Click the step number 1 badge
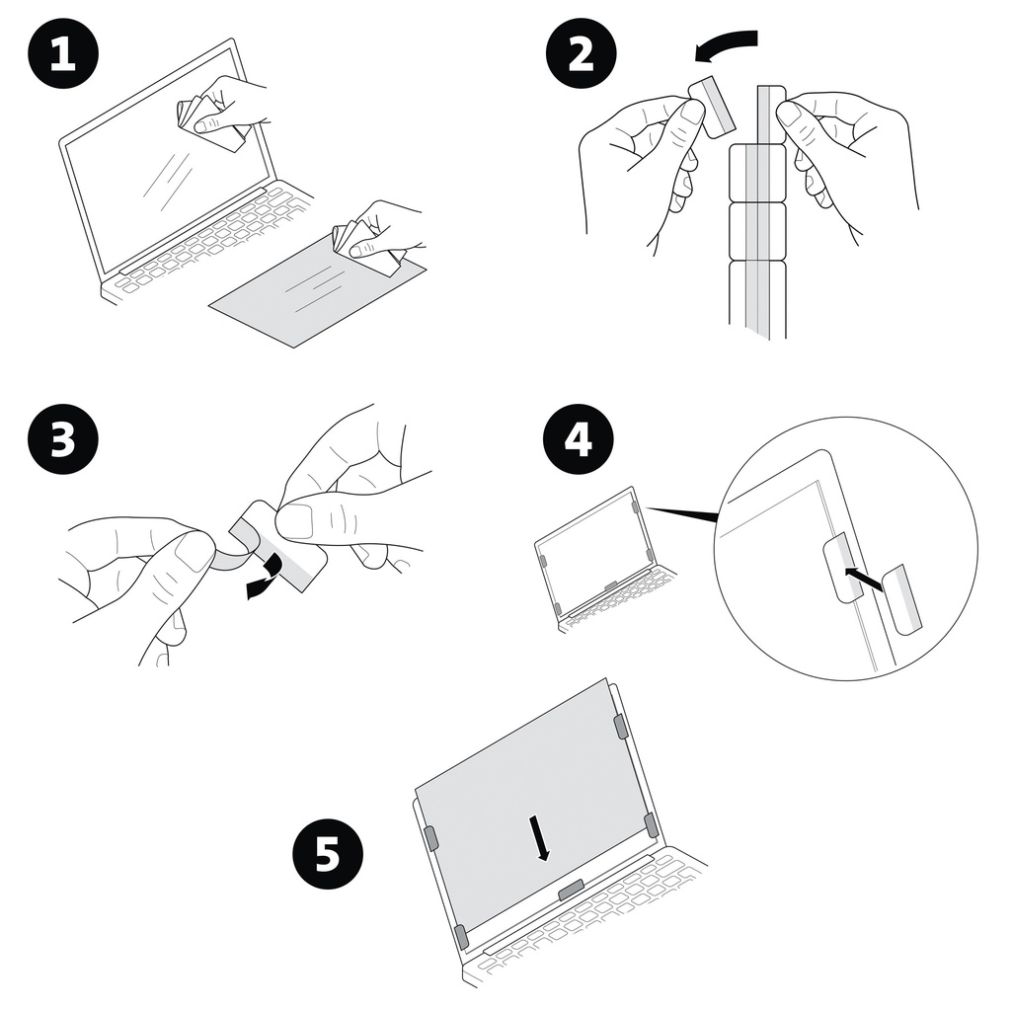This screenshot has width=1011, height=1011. point(62,54)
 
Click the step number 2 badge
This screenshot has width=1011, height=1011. point(582,54)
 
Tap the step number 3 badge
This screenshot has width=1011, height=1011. point(62,438)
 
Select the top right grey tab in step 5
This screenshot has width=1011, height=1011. point(620,727)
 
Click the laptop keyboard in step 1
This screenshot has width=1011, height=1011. point(207,242)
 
